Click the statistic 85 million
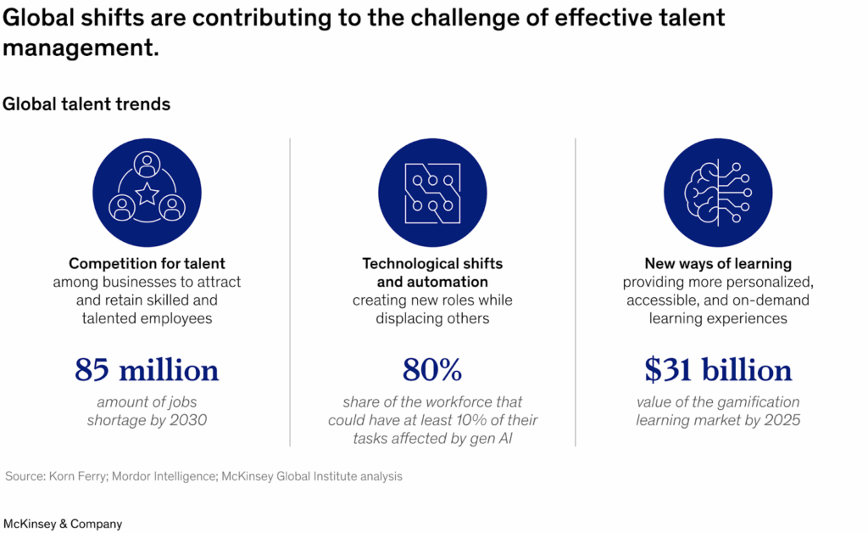click(x=147, y=370)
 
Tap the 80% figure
click(x=432, y=370)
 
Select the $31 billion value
click(x=718, y=370)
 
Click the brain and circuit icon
click(x=718, y=193)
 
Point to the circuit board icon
click(x=432, y=193)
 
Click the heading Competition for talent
click(x=147, y=264)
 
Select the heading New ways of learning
click(x=718, y=264)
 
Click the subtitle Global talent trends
click(x=86, y=104)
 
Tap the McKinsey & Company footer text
click(x=63, y=524)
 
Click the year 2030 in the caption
click(x=187, y=420)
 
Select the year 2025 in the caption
click(x=781, y=420)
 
